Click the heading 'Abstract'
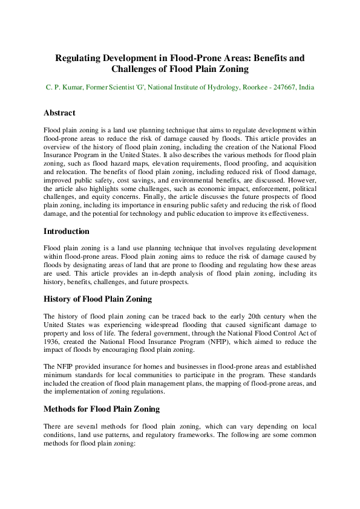point(59,113)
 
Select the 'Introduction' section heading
point(67,232)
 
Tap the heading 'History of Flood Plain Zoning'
point(97,299)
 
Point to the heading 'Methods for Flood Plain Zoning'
point(102,409)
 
